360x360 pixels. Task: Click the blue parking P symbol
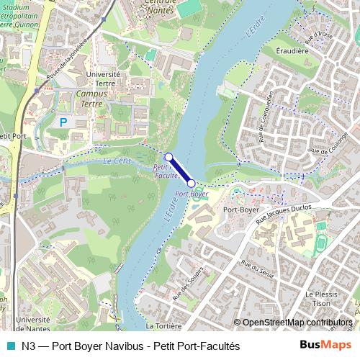pyautogui.click(x=63, y=122)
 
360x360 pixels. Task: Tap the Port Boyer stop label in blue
pyautogui.click(x=192, y=194)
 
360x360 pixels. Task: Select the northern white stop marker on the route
pyautogui.click(x=168, y=156)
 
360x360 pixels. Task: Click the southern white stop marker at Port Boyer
pyautogui.click(x=191, y=184)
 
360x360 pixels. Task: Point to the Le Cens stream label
pyautogui.click(x=117, y=161)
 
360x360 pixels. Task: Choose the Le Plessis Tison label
pyautogui.click(x=322, y=299)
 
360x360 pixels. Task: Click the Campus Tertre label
pyautogui.click(x=91, y=98)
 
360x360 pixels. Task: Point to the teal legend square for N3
pyautogui.click(x=9, y=346)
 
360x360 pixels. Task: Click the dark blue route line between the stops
pyautogui.click(x=180, y=170)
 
